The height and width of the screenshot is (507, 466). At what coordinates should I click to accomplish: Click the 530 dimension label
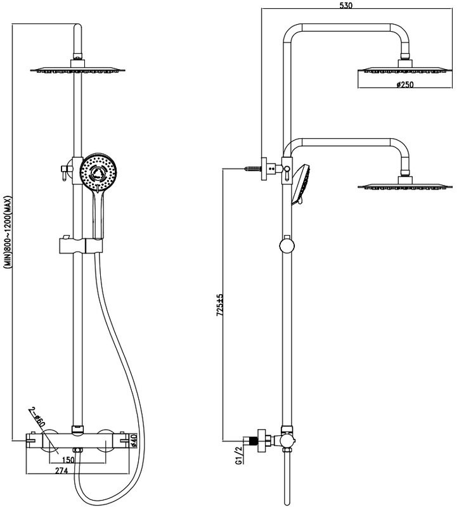(x=346, y=5)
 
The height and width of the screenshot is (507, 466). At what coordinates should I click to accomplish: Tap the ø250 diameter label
(x=405, y=84)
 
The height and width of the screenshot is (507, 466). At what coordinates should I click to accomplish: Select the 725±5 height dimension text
(x=220, y=305)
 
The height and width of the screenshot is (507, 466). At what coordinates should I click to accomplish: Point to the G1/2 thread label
(x=238, y=455)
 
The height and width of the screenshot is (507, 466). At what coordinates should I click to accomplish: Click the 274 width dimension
(x=61, y=470)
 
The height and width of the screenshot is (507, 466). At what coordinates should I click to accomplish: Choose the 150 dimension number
(x=68, y=459)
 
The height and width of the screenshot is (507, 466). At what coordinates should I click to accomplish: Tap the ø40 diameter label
(x=134, y=440)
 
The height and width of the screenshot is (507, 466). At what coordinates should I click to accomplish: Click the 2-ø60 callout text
(x=37, y=418)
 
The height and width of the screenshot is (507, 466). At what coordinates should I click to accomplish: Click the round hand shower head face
(x=98, y=172)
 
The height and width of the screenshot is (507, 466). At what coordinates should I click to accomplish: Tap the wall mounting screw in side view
(x=252, y=169)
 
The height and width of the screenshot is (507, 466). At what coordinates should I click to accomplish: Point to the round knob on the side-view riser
(x=287, y=245)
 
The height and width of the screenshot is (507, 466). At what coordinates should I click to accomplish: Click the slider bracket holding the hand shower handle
(x=81, y=246)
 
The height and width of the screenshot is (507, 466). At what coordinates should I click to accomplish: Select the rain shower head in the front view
(x=77, y=70)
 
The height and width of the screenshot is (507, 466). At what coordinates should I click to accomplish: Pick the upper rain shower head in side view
(x=405, y=70)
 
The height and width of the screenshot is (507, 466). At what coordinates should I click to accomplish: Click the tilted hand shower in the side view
(x=301, y=185)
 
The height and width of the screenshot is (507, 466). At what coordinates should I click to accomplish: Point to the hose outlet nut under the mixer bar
(x=77, y=450)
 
